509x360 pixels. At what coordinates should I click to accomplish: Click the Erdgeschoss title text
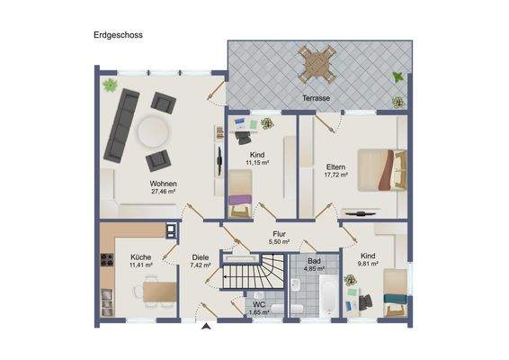(117, 36)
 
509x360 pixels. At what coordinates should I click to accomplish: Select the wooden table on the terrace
(314, 65)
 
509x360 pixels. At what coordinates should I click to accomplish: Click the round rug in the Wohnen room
(153, 132)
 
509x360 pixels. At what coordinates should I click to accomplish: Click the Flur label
(280, 233)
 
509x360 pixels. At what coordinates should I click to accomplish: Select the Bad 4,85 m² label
(313, 265)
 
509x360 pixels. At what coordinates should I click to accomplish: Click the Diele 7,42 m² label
(200, 262)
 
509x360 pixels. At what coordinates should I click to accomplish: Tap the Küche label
(139, 257)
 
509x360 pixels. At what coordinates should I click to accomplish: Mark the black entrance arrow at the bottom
(205, 327)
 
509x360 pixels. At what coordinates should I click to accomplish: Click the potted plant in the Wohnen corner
(110, 85)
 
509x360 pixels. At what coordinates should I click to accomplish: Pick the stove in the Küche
(107, 264)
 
